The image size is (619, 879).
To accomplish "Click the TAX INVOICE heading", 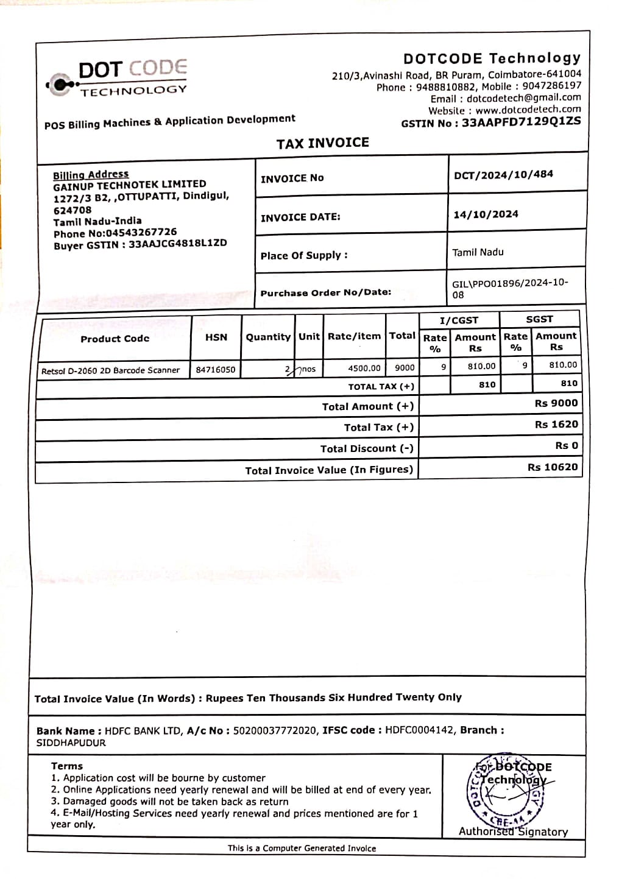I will tap(322, 143).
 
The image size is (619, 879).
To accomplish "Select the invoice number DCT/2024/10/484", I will tap(503, 174).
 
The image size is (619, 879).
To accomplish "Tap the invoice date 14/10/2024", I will tap(486, 214).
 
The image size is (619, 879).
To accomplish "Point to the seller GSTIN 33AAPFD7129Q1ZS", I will tap(521, 122).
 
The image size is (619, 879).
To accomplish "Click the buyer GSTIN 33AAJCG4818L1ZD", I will tap(177, 243).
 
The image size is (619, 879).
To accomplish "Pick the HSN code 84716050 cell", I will tap(216, 370).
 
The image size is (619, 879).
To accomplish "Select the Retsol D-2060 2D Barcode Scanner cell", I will tap(110, 370).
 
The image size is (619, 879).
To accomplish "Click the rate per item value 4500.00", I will tap(364, 369).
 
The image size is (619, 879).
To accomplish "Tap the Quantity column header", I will tap(268, 337).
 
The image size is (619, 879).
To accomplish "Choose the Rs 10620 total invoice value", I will tap(552, 467).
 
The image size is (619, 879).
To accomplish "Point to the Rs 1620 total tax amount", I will tap(556, 425).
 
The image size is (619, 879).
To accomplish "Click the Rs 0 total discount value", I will tap(566, 446).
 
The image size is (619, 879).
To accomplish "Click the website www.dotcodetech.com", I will tap(528, 110).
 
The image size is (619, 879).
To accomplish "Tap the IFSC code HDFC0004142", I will tap(419, 730).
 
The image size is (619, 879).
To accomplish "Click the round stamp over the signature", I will tap(505, 790).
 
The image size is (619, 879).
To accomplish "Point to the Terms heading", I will tap(67, 766).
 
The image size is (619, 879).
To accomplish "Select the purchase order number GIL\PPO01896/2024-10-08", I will tap(509, 289).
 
